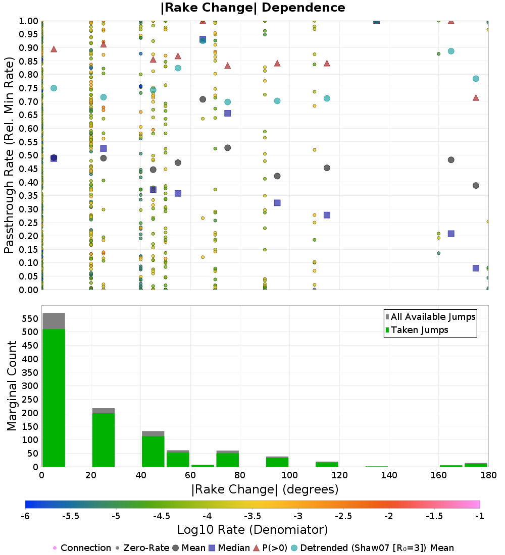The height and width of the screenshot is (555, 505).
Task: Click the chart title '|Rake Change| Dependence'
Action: pos(252,8)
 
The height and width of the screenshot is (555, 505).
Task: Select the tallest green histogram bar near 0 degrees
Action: pos(54,398)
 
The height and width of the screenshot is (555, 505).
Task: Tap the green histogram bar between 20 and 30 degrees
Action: pos(104,440)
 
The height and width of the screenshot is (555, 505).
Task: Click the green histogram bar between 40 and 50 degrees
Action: pos(153,451)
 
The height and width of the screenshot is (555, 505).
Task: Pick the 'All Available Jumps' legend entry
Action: pos(430,317)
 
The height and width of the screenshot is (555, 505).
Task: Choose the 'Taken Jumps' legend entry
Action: pos(417,330)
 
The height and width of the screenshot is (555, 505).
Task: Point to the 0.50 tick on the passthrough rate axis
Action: pos(28,155)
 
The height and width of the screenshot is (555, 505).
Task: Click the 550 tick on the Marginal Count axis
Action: pos(30,318)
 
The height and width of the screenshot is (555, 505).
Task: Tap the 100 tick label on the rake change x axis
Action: pos(289,475)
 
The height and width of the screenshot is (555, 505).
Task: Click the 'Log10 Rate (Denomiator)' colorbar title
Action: pos(252,529)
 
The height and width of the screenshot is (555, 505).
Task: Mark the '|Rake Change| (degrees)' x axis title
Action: pos(265,489)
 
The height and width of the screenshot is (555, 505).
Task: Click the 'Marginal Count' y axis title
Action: pos(12,386)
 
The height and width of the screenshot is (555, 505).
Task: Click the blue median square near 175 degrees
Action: pos(476,268)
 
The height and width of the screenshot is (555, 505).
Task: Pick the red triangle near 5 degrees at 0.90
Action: pos(54,49)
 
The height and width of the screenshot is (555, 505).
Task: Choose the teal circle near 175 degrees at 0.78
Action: pos(476,79)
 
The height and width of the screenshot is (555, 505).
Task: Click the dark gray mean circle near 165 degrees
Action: pos(451,160)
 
